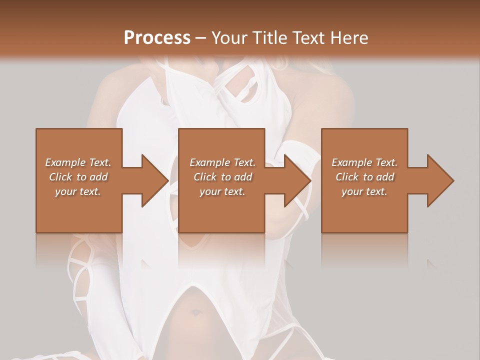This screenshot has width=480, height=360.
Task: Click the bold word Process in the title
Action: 157,37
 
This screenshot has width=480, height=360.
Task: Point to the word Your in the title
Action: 229,38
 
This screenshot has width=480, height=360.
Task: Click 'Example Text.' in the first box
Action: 78,162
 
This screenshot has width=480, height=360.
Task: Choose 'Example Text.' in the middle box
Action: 222,162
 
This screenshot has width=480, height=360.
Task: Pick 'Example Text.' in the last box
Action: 364,162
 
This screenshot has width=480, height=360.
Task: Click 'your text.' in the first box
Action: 78,191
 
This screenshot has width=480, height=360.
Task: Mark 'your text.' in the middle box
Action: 222,191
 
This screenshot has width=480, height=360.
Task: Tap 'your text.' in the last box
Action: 364,191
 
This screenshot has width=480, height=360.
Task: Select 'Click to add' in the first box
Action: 78,177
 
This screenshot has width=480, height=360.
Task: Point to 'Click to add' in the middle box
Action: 222,177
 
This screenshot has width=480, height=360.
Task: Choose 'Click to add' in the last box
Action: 365,177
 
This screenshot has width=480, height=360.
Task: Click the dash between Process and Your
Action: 201,38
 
